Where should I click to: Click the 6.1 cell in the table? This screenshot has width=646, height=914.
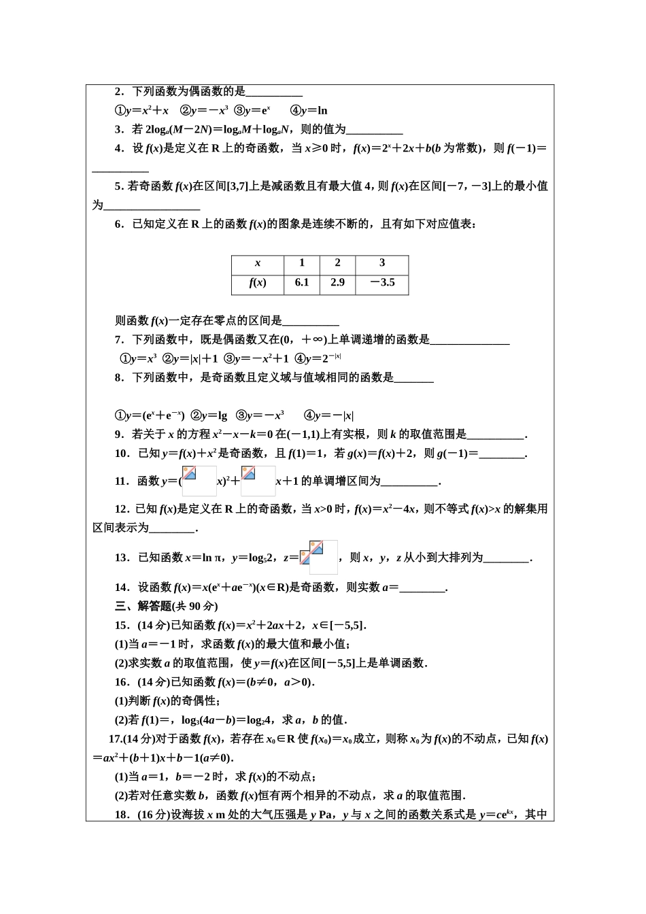(302, 283)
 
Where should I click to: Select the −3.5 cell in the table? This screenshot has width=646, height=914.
(381, 283)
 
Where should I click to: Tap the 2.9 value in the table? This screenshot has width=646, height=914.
(337, 283)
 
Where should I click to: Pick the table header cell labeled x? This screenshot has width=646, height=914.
(258, 263)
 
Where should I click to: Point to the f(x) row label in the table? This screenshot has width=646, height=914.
(258, 283)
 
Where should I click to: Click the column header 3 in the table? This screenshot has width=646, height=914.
(381, 263)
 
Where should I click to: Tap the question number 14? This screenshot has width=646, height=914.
(122, 587)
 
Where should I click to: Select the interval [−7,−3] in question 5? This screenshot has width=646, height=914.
(466, 186)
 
